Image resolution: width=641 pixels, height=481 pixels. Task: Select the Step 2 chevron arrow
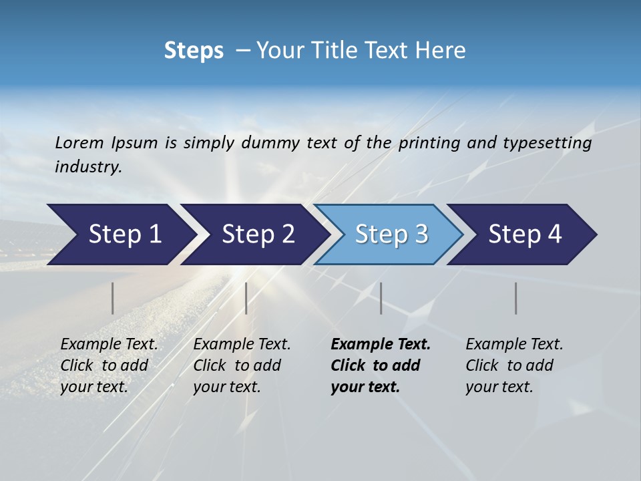257,234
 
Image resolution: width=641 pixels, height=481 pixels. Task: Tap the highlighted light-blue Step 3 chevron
391,234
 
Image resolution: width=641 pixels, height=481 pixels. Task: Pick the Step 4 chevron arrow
524,234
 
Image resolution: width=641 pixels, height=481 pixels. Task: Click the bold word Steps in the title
194,51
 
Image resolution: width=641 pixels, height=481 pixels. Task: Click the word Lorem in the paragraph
79,143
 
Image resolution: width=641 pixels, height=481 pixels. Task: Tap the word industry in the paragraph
87,167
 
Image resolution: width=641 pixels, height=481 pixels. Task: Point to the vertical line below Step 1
113,298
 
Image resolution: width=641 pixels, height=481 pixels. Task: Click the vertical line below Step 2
246,298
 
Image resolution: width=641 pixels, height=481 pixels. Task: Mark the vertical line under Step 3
381,298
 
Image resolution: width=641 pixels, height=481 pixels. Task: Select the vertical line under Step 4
515,298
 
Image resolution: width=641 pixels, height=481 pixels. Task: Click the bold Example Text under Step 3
381,345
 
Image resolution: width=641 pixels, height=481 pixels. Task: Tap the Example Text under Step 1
109,345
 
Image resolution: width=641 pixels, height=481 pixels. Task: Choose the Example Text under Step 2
242,345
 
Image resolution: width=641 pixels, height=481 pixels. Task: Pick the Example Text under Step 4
514,345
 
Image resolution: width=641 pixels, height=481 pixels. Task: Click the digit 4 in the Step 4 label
554,234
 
